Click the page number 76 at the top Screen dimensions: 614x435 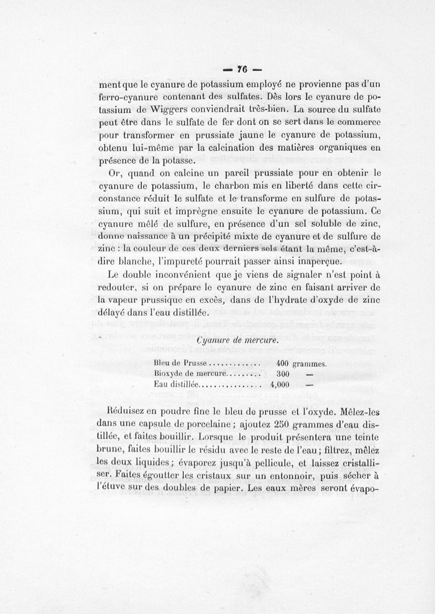coord(242,69)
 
